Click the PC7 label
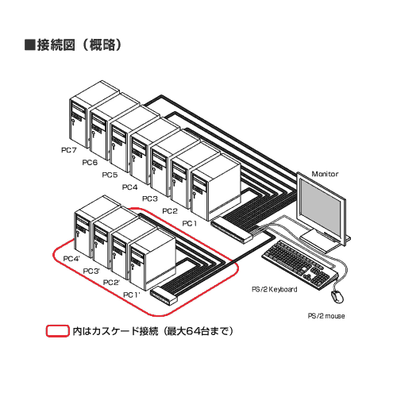69,150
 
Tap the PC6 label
90,162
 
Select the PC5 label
110,175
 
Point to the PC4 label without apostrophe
129,187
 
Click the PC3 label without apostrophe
150,198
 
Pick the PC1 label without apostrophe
190,223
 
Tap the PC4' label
71,258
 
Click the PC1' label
131,295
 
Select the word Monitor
325,174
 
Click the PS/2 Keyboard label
274,289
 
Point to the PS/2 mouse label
326,316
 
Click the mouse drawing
337,296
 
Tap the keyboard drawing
300,265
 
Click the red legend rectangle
58,331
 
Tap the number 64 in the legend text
194,331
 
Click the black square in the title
29,44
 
